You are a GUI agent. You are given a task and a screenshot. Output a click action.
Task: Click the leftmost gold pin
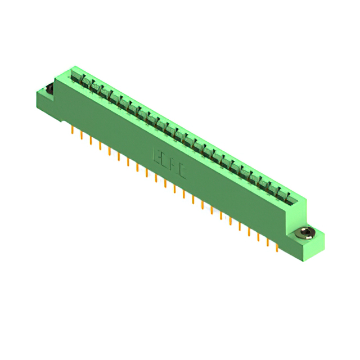(x=73, y=131)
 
